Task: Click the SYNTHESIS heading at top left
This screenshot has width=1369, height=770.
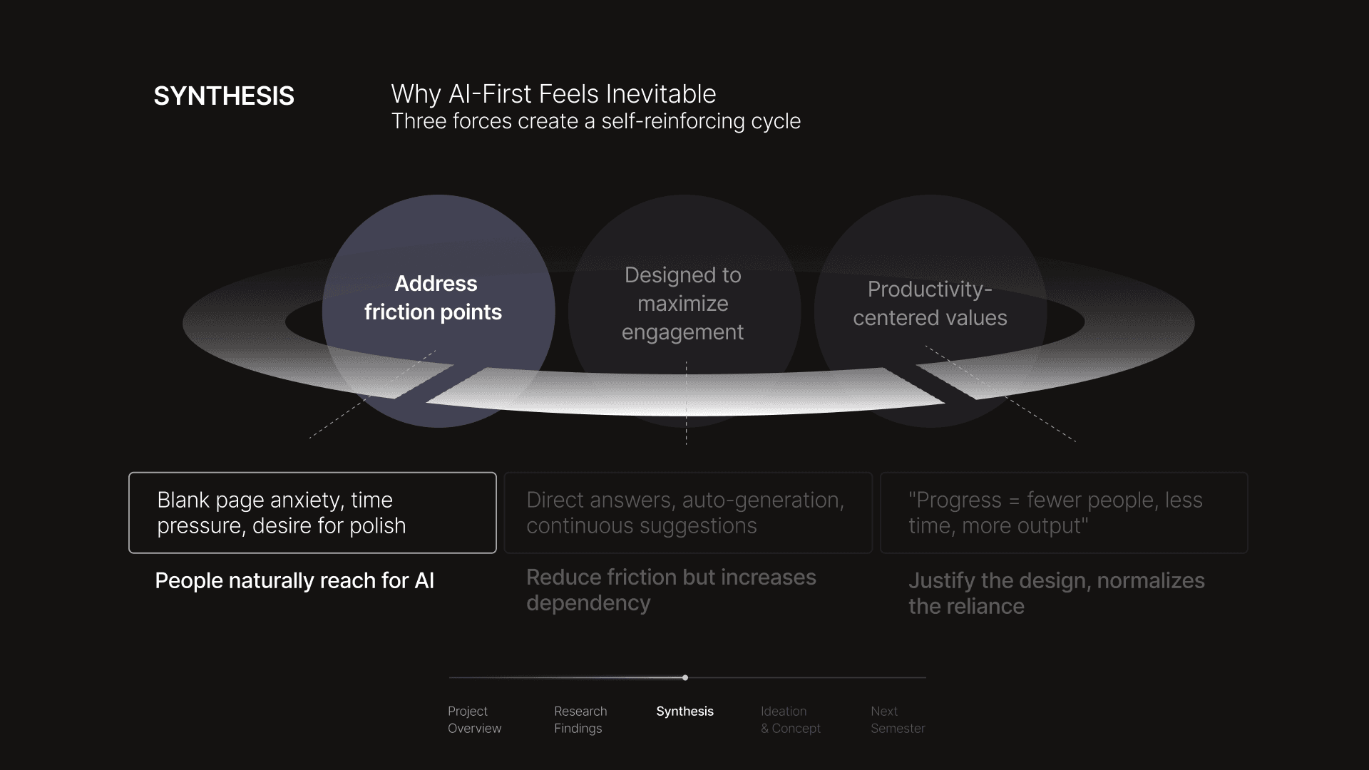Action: (224, 96)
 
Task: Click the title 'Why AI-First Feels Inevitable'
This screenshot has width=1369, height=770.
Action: (553, 94)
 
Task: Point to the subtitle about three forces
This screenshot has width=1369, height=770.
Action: (595, 121)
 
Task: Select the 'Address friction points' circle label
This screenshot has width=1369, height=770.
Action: (434, 298)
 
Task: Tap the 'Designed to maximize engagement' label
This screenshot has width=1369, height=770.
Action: (682, 304)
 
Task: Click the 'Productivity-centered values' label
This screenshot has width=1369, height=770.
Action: (930, 304)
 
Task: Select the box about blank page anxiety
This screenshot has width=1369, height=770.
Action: (312, 513)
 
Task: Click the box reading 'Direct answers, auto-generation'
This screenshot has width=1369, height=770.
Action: (688, 513)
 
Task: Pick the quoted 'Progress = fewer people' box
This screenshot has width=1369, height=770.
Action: (1064, 513)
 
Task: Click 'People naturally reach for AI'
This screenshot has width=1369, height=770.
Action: (294, 581)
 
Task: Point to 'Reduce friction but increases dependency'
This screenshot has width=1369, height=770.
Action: (671, 590)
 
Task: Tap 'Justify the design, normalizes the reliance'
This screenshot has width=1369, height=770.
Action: (1056, 593)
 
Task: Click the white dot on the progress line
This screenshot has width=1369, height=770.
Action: (685, 678)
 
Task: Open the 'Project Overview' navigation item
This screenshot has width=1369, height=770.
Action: (474, 719)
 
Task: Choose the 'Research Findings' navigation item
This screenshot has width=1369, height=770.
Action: (580, 719)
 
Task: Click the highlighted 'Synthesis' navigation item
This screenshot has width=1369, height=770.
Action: (684, 712)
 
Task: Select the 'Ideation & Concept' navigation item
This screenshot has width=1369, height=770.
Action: (790, 719)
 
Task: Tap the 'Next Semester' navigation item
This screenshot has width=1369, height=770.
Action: (898, 719)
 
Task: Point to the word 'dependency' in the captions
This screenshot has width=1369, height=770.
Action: (588, 603)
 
